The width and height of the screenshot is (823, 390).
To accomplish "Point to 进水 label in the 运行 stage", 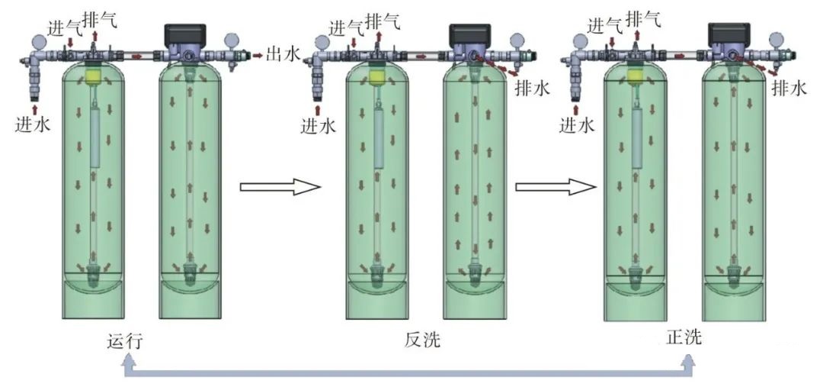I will (x=33, y=124).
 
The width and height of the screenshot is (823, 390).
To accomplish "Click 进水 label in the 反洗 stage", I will (x=318, y=125).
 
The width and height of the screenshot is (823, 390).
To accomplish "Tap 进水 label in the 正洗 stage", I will (x=576, y=124).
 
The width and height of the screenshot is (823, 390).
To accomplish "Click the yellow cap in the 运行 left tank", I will (x=94, y=76).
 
